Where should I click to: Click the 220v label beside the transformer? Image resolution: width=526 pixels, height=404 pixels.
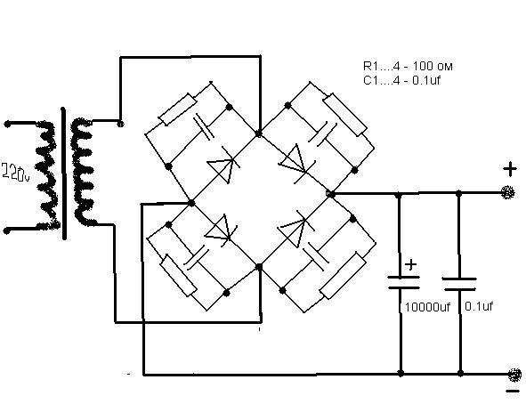pyautogui.click(x=15, y=173)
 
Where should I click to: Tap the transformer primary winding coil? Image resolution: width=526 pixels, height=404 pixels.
pyautogui.click(x=47, y=176)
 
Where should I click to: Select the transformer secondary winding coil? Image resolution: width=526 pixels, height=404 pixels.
pyautogui.click(x=82, y=172)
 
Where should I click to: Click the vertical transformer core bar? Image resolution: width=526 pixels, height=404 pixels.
pyautogui.click(x=64, y=174)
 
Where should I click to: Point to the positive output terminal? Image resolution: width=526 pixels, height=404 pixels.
pyautogui.click(x=508, y=192)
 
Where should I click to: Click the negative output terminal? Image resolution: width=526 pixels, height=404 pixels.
pyautogui.click(x=514, y=375)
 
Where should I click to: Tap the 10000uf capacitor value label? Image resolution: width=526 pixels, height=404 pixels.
pyautogui.click(x=427, y=307)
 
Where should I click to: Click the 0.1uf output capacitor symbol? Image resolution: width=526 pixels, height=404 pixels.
pyautogui.click(x=459, y=284)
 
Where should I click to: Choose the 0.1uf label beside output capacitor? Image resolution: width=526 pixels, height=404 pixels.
pyautogui.click(x=479, y=306)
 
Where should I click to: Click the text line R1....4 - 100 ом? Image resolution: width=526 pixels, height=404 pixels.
pyautogui.click(x=408, y=66)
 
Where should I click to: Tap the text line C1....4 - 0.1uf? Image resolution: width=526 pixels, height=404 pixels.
pyautogui.click(x=401, y=80)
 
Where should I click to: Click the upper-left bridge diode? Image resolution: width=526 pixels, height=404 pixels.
pyautogui.click(x=223, y=166)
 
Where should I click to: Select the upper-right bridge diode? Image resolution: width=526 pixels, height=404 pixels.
pyautogui.click(x=297, y=163)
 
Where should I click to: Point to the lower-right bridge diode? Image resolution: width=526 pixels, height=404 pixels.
pyautogui.click(x=295, y=229)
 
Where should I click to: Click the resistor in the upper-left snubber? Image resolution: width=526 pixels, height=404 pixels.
pyautogui.click(x=177, y=109)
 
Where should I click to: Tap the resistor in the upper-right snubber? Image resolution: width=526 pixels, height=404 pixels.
pyautogui.click(x=345, y=114)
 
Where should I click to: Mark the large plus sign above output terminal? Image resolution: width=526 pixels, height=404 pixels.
pyautogui.click(x=510, y=169)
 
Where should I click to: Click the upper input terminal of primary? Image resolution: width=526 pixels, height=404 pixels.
pyautogui.click(x=7, y=125)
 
